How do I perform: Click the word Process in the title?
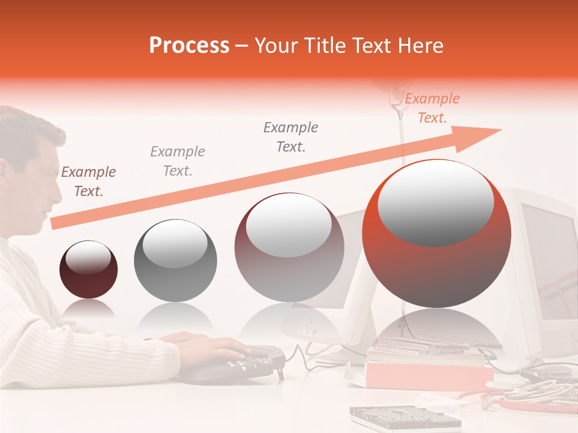pyautogui.click(x=189, y=46)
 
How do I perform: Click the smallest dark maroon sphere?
pyautogui.click(x=89, y=269)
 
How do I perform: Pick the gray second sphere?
pyautogui.click(x=175, y=260)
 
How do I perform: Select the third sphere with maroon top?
pyautogui.click(x=289, y=247)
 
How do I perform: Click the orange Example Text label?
pyautogui.click(x=432, y=108)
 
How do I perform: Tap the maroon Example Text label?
pyautogui.click(x=89, y=182)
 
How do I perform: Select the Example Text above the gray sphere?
pyautogui.click(x=178, y=161)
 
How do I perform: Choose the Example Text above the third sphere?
pyautogui.click(x=291, y=137)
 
